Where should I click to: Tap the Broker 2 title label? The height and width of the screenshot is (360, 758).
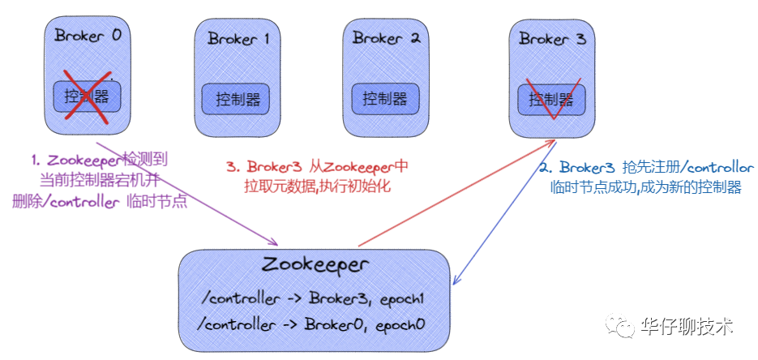387,38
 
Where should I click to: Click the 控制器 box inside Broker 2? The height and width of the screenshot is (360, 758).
385,99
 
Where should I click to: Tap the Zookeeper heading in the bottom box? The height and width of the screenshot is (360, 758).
316,266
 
